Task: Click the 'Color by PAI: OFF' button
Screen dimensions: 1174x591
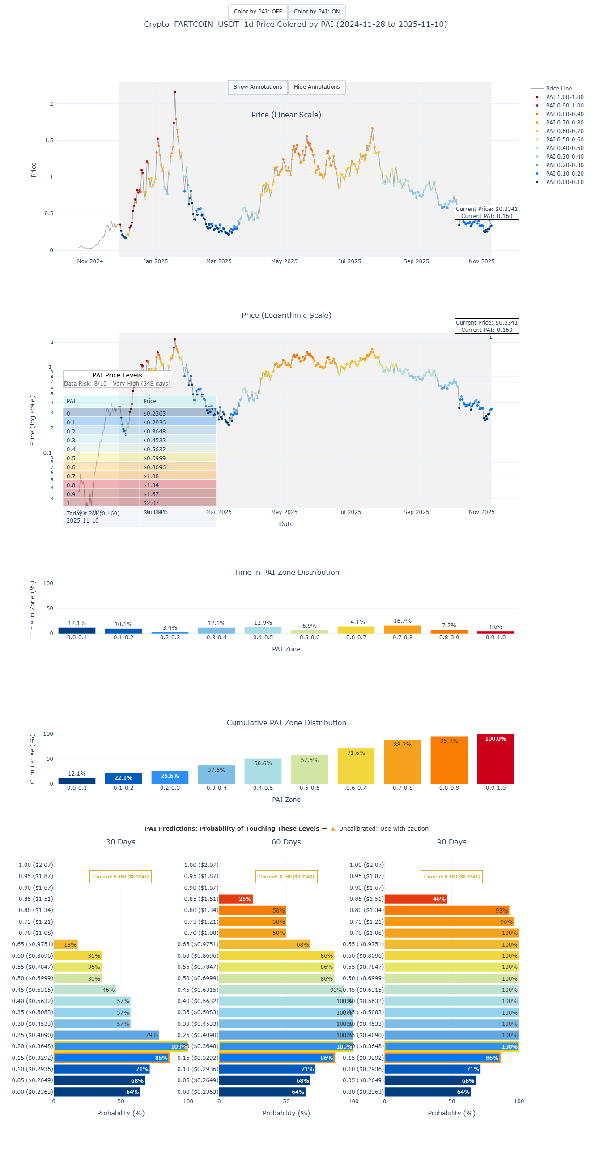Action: point(258,12)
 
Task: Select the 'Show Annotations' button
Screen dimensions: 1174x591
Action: point(258,87)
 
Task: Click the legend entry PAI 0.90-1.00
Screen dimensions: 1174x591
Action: point(564,106)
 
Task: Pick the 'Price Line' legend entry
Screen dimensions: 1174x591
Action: point(558,89)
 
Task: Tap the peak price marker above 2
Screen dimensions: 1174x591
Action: point(175,93)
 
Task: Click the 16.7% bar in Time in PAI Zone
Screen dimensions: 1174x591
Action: point(402,629)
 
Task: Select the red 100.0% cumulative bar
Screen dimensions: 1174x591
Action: point(495,759)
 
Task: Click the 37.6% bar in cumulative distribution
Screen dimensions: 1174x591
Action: point(216,774)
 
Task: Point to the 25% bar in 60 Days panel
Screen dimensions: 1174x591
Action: point(235,899)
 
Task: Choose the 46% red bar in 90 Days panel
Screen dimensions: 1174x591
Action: point(415,899)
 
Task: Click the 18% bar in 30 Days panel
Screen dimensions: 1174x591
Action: point(66,944)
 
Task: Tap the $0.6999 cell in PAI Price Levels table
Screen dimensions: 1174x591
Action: point(177,458)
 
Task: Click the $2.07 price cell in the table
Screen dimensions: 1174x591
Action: point(177,503)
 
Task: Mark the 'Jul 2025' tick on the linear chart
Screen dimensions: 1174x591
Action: point(349,261)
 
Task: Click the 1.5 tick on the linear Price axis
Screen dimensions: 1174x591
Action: point(49,141)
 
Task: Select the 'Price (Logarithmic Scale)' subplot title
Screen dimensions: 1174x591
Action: point(286,315)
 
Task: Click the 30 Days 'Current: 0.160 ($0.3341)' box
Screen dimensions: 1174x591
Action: point(121,877)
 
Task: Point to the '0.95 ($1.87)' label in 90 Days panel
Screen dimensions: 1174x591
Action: point(366,876)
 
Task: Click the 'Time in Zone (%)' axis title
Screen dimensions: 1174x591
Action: point(32,608)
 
